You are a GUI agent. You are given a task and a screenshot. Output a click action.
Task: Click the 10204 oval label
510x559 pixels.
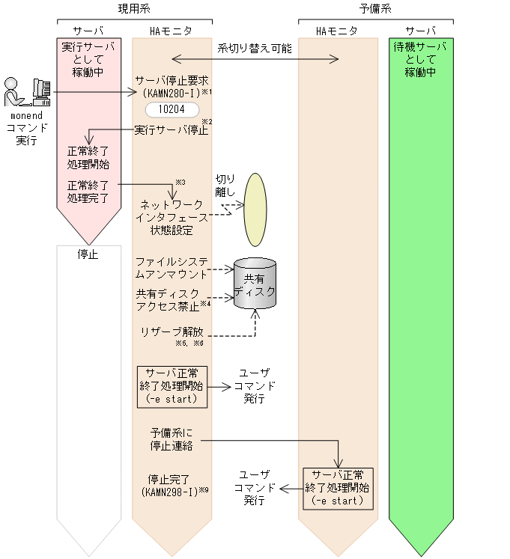click(172, 109)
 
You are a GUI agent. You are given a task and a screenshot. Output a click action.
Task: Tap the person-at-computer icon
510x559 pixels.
click(27, 94)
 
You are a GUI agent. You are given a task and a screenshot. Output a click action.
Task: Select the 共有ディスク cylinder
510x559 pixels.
click(255, 284)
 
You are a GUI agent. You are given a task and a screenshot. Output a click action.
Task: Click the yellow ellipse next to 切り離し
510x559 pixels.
click(256, 210)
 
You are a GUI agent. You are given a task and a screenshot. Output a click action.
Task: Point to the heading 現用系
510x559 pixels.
click(134, 8)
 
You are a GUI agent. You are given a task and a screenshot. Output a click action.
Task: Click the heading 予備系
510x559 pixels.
click(375, 8)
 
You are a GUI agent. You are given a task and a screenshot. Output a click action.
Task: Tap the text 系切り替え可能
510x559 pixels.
click(255, 48)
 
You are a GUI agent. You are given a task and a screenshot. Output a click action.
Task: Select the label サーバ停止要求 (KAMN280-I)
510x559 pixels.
click(171, 86)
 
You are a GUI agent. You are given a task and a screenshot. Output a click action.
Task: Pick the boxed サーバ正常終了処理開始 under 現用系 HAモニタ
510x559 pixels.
click(171, 386)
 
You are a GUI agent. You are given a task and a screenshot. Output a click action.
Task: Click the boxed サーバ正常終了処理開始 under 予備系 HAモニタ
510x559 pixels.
click(338, 488)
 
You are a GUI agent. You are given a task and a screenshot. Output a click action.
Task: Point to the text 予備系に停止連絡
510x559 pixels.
click(171, 439)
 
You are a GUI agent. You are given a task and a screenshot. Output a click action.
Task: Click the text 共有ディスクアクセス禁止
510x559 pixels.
click(169, 299)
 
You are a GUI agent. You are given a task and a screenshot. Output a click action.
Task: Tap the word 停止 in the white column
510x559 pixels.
click(88, 254)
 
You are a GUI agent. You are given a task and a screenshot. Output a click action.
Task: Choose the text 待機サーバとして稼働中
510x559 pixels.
click(420, 60)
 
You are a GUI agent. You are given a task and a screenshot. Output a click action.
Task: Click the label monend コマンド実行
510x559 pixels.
click(25, 129)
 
